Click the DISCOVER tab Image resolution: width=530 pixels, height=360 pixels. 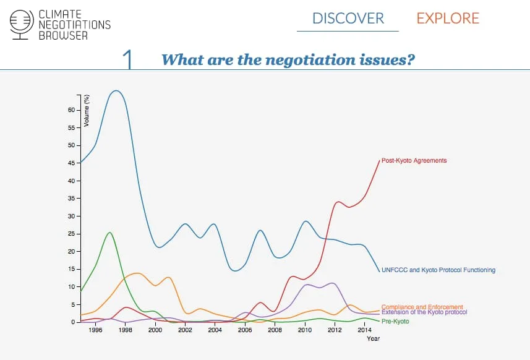coord(348,19)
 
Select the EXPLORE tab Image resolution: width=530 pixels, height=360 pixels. coord(448,19)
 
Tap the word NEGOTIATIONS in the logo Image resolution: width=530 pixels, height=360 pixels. coord(74,25)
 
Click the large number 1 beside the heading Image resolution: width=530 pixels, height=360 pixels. coord(128,60)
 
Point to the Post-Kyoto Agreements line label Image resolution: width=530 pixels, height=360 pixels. coord(414,161)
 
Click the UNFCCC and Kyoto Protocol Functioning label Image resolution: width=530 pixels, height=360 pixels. coord(438,270)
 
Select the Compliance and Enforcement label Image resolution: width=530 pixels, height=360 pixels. coord(422,307)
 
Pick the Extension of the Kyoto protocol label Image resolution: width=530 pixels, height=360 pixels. coord(424,312)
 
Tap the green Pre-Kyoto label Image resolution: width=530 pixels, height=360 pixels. coord(396,322)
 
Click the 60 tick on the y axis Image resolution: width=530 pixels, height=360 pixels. coord(71,110)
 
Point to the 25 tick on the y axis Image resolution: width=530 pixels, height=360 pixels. coord(71,234)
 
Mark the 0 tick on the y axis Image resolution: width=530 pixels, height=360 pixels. coord(73,322)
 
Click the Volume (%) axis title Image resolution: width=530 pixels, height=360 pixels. coord(87,111)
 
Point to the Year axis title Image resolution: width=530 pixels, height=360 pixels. coord(373,338)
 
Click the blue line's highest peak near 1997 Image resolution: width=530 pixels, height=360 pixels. coord(115,91)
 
